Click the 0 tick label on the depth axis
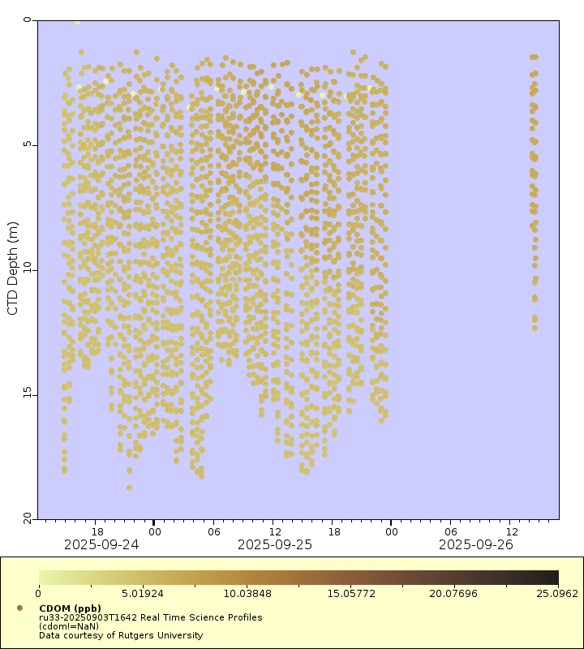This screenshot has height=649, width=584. (26, 20)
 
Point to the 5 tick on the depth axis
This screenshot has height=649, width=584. (26, 145)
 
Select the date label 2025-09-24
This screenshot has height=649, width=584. (101, 544)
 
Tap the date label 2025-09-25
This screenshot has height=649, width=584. (274, 544)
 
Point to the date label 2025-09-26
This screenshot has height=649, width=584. (475, 544)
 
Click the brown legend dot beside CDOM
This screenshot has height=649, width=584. (19, 608)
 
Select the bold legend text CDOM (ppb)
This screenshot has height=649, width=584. (70, 608)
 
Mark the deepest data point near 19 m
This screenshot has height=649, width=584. (129, 488)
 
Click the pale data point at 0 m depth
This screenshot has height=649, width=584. (77, 21)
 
